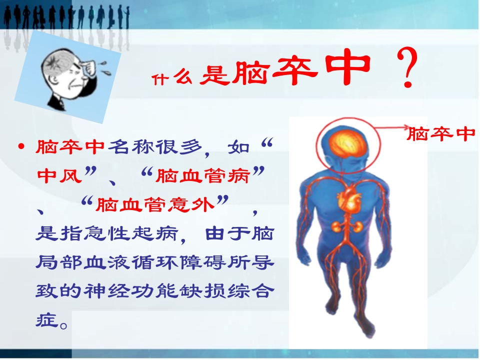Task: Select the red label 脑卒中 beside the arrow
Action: pos(440,134)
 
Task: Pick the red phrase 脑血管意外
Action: pos(155,204)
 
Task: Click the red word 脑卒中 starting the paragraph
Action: pos(69,147)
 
